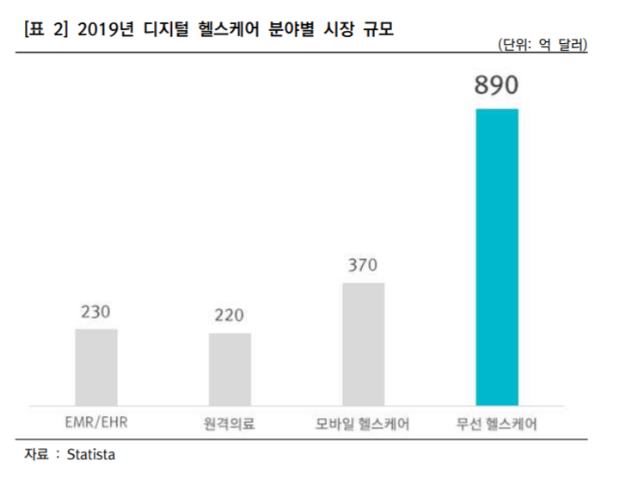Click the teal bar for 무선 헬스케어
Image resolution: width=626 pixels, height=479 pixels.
click(x=497, y=256)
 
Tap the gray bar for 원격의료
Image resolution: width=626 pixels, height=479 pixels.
click(x=230, y=368)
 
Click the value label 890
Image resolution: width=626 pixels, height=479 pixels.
click(x=497, y=88)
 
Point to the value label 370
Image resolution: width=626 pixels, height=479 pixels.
click(x=363, y=265)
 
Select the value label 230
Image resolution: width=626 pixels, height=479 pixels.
click(x=96, y=311)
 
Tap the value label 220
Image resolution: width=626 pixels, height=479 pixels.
click(x=230, y=316)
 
